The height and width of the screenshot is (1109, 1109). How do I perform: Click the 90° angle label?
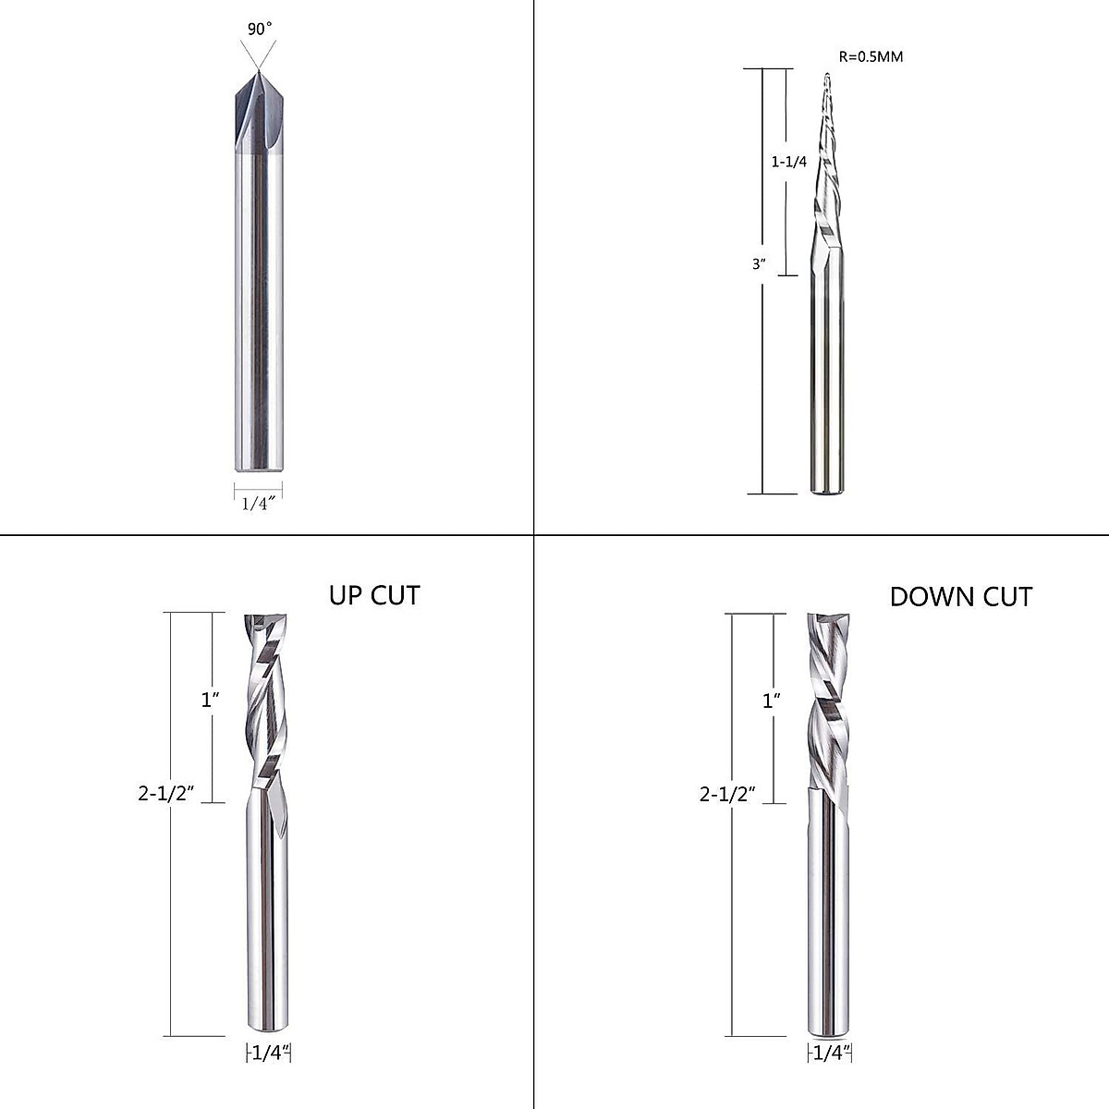(x=260, y=29)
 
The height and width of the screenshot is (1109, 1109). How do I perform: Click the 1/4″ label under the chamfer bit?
(x=259, y=504)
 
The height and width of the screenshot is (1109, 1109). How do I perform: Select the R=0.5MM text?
(x=870, y=56)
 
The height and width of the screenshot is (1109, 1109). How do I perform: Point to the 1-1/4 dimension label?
(x=789, y=162)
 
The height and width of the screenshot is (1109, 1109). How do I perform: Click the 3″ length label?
(x=760, y=263)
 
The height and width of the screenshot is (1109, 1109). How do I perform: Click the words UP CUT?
(x=374, y=595)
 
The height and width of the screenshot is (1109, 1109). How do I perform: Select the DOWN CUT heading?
(x=960, y=597)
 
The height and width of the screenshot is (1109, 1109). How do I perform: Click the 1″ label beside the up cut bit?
(x=211, y=700)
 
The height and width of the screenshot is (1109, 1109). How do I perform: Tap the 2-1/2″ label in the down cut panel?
(x=728, y=793)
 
